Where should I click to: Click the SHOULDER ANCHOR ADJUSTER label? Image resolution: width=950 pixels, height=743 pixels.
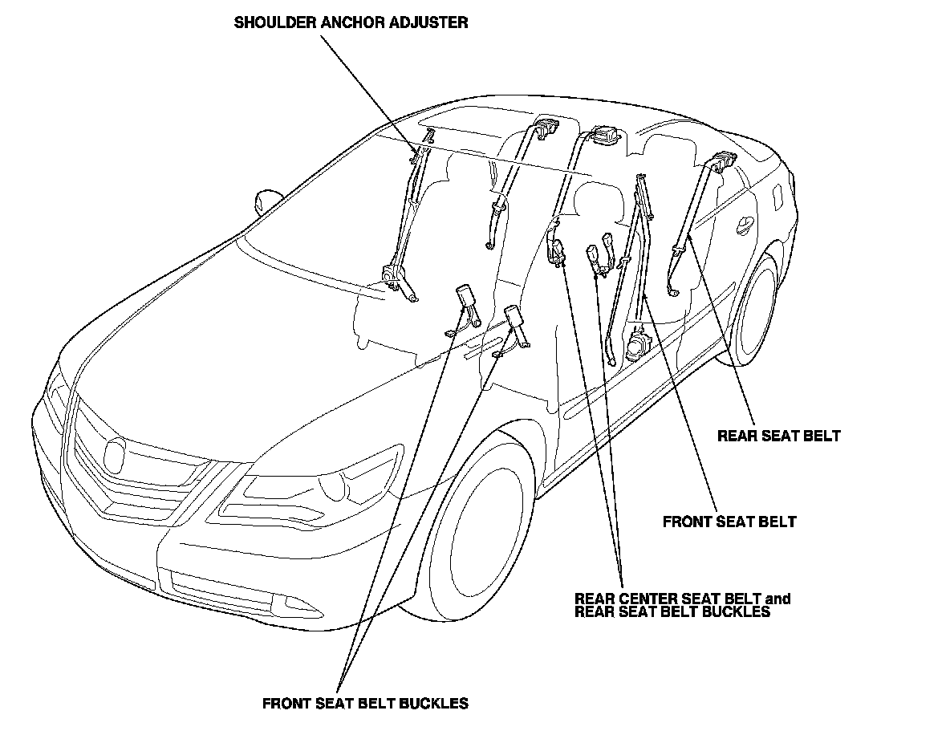[351, 22]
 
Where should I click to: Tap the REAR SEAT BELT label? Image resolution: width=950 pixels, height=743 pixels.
[778, 436]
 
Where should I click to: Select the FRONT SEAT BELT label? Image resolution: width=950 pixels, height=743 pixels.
[729, 522]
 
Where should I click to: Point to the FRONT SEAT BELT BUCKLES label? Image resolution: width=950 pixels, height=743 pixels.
[365, 704]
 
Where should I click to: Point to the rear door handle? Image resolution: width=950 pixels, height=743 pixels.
[745, 226]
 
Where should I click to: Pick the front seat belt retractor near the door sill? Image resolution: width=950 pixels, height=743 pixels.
[638, 343]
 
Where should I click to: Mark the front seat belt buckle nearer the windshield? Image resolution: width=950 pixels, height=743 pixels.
[465, 298]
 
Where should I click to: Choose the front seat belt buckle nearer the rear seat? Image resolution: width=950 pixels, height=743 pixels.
[514, 321]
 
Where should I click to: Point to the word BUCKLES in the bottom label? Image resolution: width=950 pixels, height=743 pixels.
[436, 704]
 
